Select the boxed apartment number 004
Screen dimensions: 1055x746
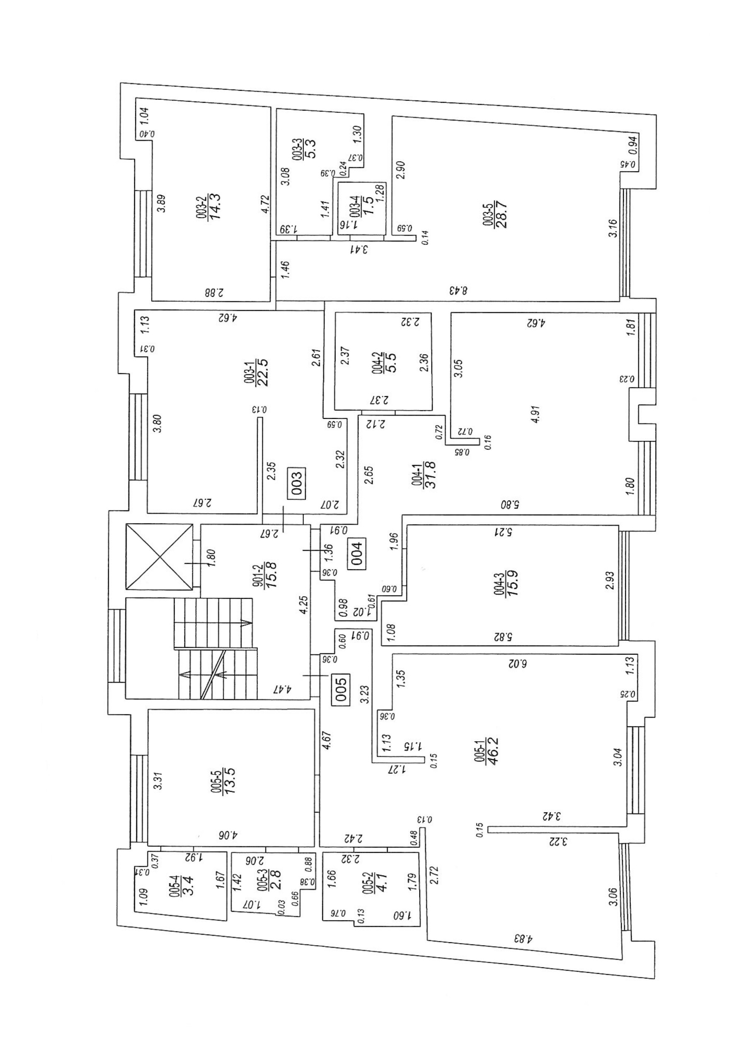(x=358, y=553)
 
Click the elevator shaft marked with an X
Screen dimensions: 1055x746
(x=159, y=557)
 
